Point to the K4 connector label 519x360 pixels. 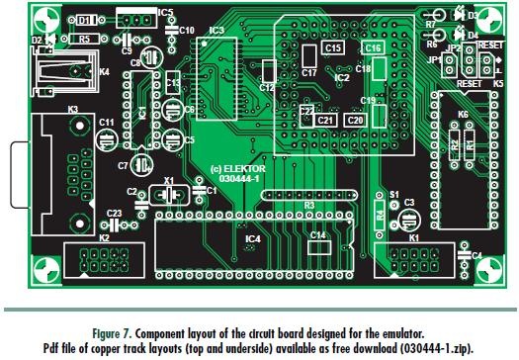104,71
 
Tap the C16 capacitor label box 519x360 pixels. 372,47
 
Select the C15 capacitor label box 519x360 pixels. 333,47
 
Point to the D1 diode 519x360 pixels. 88,19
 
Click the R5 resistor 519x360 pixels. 84,40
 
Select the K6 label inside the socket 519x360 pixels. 463,116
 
